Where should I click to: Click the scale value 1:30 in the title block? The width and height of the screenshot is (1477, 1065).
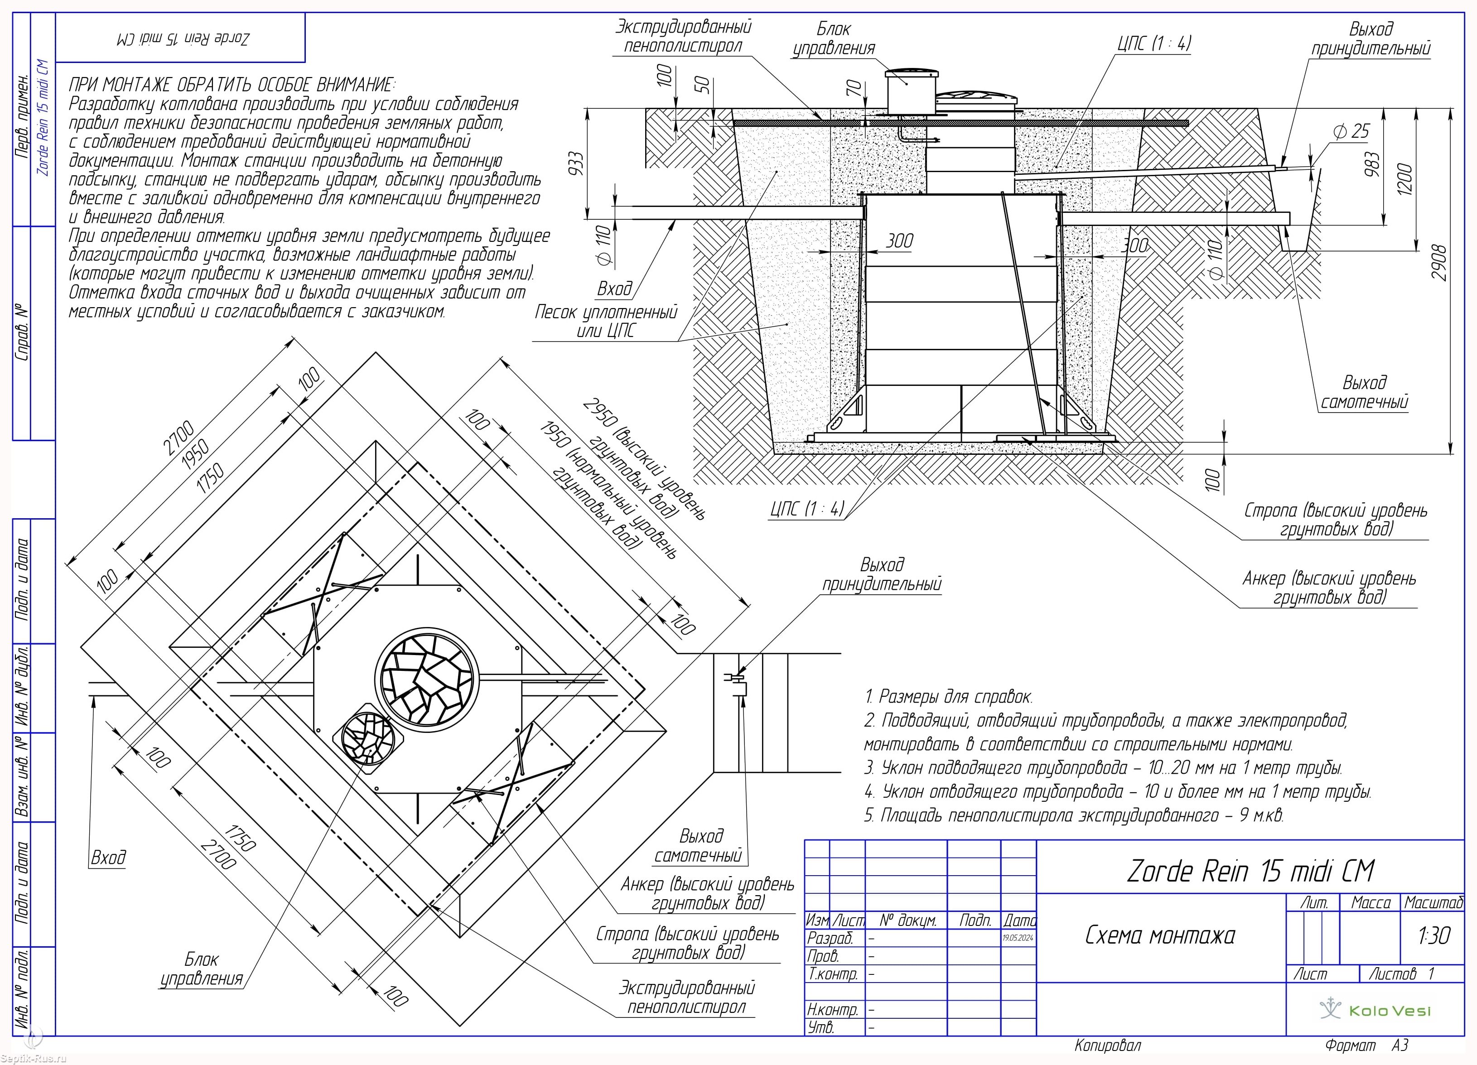coord(1434,935)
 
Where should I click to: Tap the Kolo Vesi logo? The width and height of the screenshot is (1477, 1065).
coord(1375,1010)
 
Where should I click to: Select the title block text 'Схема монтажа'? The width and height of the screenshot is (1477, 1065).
coord(1160,935)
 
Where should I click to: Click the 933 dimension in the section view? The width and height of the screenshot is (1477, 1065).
coord(576,164)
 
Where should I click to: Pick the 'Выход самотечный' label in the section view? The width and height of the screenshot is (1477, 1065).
coord(1364,392)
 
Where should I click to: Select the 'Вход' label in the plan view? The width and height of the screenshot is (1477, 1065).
coord(108,858)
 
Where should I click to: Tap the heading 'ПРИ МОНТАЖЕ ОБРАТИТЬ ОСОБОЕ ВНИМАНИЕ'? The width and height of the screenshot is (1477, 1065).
coord(232,85)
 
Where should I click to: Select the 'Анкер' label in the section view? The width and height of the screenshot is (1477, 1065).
coord(1328,587)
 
